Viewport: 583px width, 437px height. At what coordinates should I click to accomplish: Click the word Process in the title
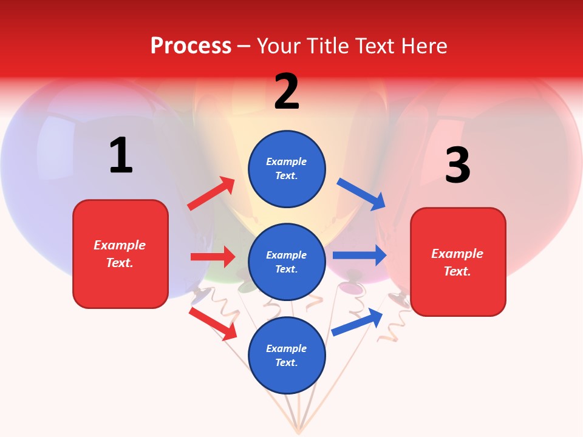point(191,46)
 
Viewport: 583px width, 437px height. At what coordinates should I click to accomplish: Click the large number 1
point(121,156)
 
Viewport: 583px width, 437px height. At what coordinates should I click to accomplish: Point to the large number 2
point(287,92)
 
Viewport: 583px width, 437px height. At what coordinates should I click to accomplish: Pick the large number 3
point(457,166)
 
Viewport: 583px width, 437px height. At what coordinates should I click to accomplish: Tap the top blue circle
point(287,169)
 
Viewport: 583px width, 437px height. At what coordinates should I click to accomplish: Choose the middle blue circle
point(287,262)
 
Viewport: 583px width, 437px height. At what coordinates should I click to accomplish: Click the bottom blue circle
point(287,356)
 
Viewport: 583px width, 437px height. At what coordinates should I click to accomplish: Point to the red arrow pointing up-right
point(211,194)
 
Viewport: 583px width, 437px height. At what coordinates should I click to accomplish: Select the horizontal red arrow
point(213,257)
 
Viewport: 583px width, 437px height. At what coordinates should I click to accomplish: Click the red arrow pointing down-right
point(213,323)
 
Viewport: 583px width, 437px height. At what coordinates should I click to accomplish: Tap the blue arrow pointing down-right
point(361,194)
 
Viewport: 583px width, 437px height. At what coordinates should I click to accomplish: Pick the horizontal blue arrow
point(360,255)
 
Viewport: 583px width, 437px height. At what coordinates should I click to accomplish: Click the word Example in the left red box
point(120,245)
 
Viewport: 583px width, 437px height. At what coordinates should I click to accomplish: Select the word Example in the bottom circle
point(287,348)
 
